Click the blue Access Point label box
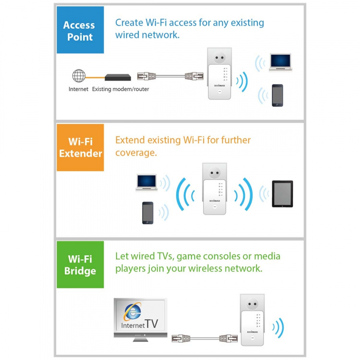click(79, 31)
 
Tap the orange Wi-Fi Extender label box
click(80, 147)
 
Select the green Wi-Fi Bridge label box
click(80, 265)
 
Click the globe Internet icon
click(79, 76)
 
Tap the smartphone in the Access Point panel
click(277, 95)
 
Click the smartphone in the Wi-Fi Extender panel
click(147, 213)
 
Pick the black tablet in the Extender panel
click(282, 194)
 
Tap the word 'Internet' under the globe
click(78, 89)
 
